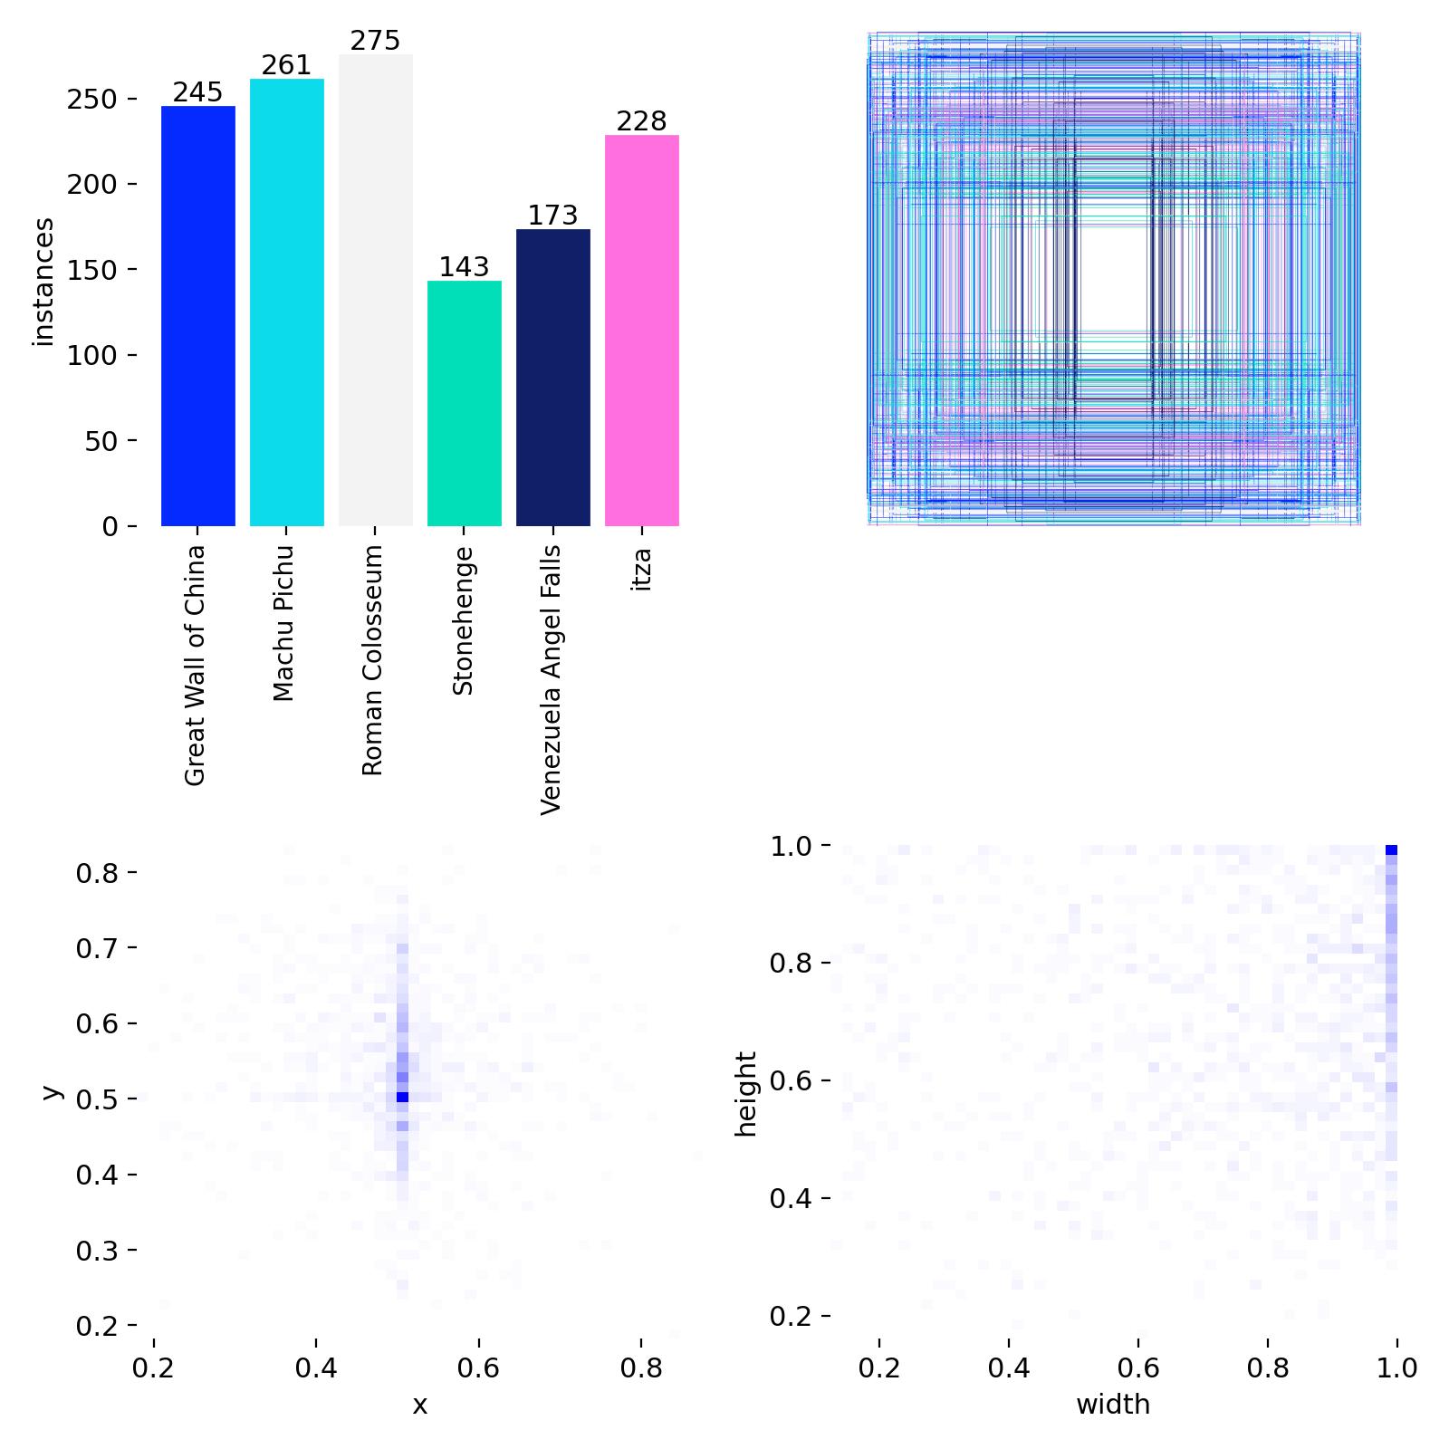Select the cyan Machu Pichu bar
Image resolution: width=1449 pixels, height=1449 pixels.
click(x=286, y=302)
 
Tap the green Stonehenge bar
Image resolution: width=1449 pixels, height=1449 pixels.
click(x=464, y=403)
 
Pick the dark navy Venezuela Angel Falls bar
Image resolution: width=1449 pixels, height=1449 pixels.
click(x=552, y=378)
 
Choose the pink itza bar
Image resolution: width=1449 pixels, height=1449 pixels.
click(x=641, y=331)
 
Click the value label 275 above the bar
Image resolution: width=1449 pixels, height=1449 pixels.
click(x=375, y=41)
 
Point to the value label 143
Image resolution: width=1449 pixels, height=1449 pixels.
click(x=464, y=267)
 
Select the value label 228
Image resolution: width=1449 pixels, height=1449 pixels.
click(x=641, y=121)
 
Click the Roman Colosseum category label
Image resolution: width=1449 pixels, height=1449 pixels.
click(x=373, y=660)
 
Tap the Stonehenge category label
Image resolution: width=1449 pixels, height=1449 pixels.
click(x=463, y=621)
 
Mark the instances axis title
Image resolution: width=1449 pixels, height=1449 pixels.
click(x=43, y=282)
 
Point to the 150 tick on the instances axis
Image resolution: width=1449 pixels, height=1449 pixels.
click(x=91, y=270)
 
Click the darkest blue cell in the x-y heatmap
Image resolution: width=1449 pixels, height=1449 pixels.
click(x=402, y=1097)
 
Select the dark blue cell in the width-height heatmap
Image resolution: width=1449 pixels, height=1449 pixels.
click(x=1391, y=849)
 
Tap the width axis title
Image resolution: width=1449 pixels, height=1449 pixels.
click(x=1113, y=1405)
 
